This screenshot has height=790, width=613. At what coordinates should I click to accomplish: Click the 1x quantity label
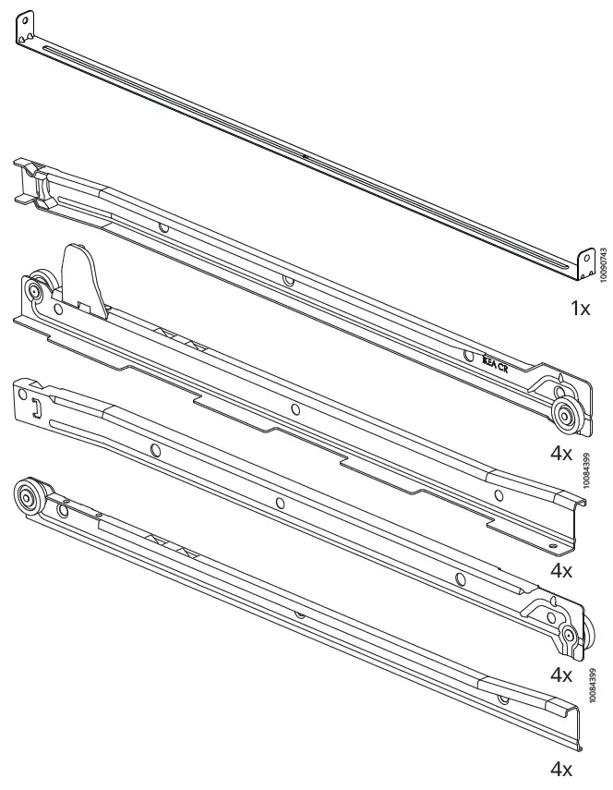coord(579,309)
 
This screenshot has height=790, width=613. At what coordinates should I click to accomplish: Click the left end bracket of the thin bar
coord(26,29)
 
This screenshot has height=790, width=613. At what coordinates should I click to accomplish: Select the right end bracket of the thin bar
coord(583,264)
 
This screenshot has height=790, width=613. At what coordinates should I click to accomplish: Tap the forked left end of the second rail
coord(28,180)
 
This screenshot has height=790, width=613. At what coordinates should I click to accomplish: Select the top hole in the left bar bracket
coord(24,19)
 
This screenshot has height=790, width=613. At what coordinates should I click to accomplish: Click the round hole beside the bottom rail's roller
coord(64,509)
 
